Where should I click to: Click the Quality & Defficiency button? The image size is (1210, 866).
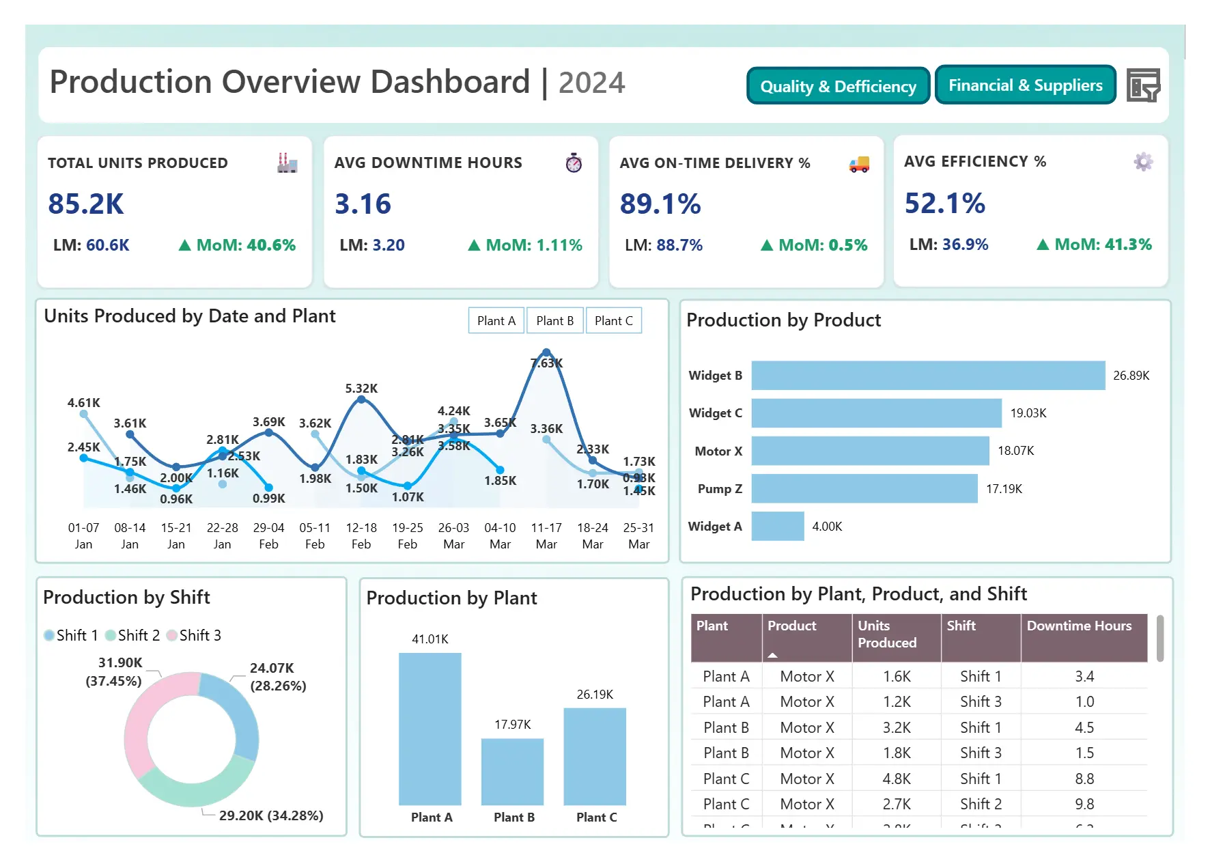pos(838,86)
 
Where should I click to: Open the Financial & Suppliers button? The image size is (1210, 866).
pos(1025,85)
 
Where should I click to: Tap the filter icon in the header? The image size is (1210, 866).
pos(1143,85)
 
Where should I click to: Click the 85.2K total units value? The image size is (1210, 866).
pos(86,204)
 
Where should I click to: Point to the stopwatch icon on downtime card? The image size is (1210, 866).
pos(574,163)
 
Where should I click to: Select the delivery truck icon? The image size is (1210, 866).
pos(859,164)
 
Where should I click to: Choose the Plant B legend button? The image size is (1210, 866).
pos(554,321)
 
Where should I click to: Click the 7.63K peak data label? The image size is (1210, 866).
pos(547,363)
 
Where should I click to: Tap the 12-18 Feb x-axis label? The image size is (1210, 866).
pos(361,535)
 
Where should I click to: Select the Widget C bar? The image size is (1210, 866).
pos(876,413)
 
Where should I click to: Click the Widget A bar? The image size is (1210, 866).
pos(778,527)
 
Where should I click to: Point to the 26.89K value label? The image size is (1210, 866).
pos(1131,376)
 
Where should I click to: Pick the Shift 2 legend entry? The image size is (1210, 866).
pos(133,636)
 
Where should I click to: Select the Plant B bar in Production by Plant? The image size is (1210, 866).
pos(512,772)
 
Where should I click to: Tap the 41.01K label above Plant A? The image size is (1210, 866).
pos(430,639)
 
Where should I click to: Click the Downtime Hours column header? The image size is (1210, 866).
pos(1079,626)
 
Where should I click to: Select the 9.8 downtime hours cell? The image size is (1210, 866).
pos(1084,805)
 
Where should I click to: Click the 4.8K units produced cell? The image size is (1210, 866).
pos(897,779)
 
